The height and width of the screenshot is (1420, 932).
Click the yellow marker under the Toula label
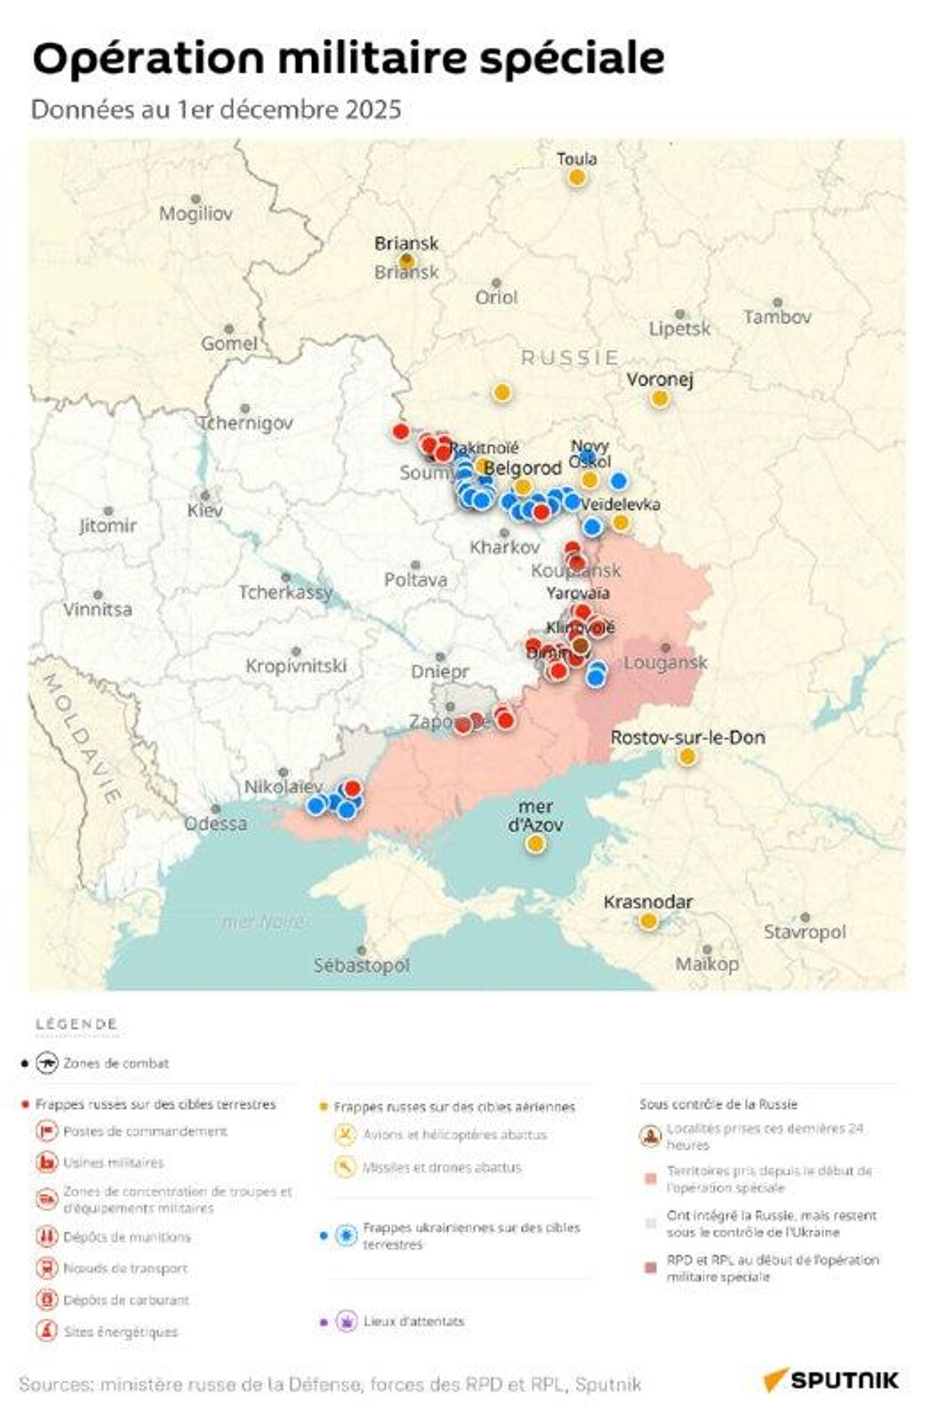[576, 177]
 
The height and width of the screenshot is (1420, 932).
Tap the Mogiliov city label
[196, 213]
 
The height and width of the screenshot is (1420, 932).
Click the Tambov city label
[777, 316]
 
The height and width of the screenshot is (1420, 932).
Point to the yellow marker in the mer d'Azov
[535, 844]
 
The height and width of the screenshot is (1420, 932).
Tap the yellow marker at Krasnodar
[648, 921]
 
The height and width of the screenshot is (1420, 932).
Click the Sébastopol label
[362, 965]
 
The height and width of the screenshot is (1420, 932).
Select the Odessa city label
[216, 823]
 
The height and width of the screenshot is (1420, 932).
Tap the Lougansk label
[666, 662]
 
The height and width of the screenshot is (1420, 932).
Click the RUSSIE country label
[569, 358]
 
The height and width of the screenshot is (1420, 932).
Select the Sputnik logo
[831, 1379]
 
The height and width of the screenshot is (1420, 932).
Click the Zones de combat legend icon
[47, 1063]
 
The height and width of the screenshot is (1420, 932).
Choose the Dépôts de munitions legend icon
[46, 1237]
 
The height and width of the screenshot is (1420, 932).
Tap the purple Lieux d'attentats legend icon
[346, 1321]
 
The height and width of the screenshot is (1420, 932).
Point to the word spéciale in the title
[572, 59]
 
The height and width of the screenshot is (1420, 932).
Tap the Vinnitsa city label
[98, 609]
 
